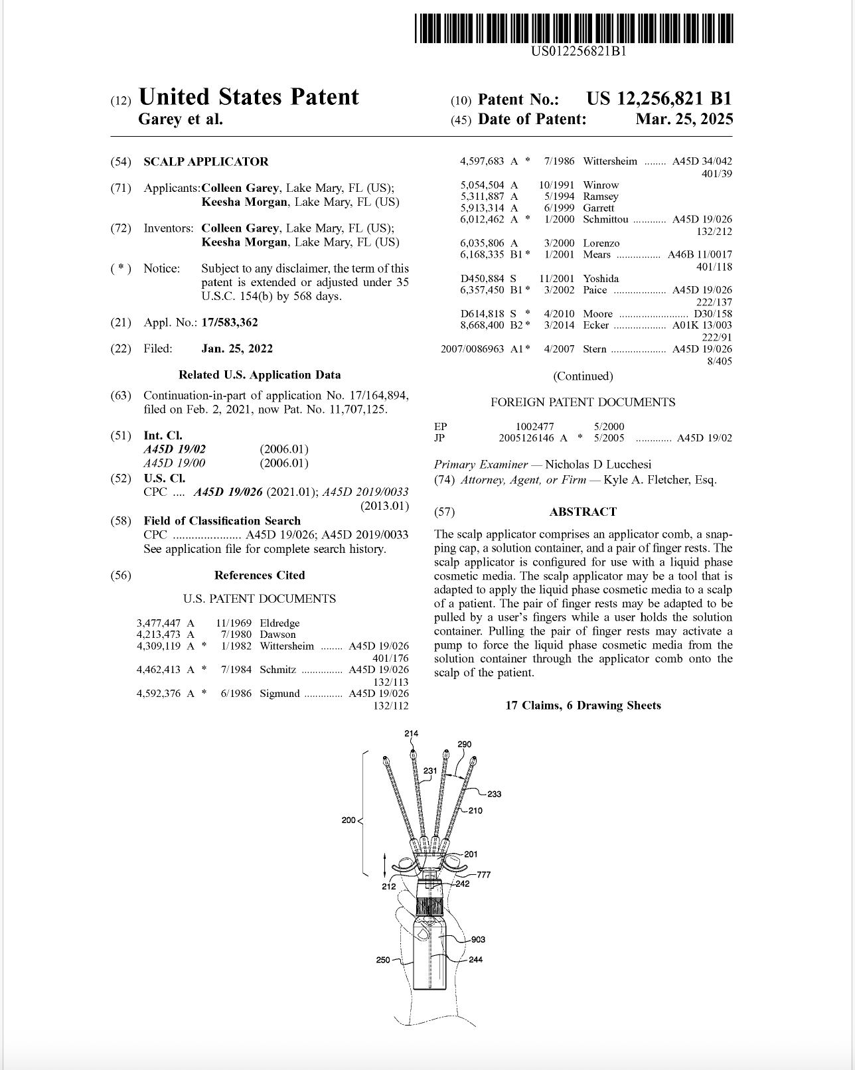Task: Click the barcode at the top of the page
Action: [574, 29]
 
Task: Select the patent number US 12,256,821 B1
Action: [659, 99]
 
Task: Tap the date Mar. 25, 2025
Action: [684, 119]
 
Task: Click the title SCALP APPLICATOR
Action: [206, 162]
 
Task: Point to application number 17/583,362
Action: [230, 323]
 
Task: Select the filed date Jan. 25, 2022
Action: [237, 349]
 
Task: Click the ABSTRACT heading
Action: [583, 512]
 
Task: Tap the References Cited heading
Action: [260, 575]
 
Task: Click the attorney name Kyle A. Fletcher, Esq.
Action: [660, 480]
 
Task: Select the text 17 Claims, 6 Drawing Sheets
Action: [583, 706]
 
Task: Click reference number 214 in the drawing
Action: [412, 733]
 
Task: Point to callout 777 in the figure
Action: [484, 875]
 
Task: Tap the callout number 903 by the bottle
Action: [478, 939]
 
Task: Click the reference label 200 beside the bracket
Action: [349, 820]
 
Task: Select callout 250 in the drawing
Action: [383, 960]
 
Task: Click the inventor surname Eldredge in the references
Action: [279, 623]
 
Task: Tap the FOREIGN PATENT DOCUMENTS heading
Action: [583, 402]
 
